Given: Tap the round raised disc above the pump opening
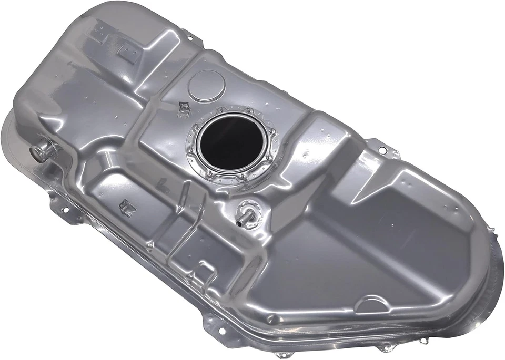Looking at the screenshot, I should (x=206, y=86).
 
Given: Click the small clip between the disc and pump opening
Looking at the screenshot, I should (x=184, y=107).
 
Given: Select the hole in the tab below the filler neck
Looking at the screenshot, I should (x=66, y=209).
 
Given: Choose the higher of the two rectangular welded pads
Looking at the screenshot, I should (x=99, y=30).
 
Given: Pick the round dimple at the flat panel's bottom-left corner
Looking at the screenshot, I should (x=270, y=318).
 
